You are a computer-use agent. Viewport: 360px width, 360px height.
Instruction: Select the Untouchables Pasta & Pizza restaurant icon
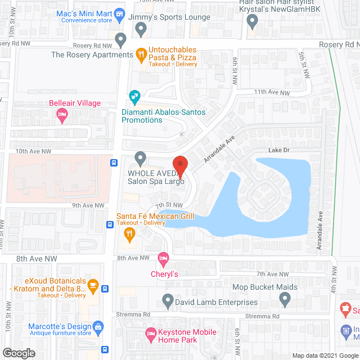tap(141, 54)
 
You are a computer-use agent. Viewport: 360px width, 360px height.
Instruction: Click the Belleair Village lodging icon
tap(62, 115)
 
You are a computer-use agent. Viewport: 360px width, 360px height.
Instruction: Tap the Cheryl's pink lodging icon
tap(163, 258)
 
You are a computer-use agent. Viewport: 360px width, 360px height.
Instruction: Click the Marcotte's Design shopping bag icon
tap(98, 327)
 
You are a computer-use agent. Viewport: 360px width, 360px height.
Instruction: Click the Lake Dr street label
tap(278, 151)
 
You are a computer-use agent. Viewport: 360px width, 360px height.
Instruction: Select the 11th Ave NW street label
tap(272, 92)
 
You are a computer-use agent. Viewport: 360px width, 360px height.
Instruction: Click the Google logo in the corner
tap(18, 353)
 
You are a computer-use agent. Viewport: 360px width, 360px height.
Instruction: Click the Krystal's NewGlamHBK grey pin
tap(253, 22)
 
